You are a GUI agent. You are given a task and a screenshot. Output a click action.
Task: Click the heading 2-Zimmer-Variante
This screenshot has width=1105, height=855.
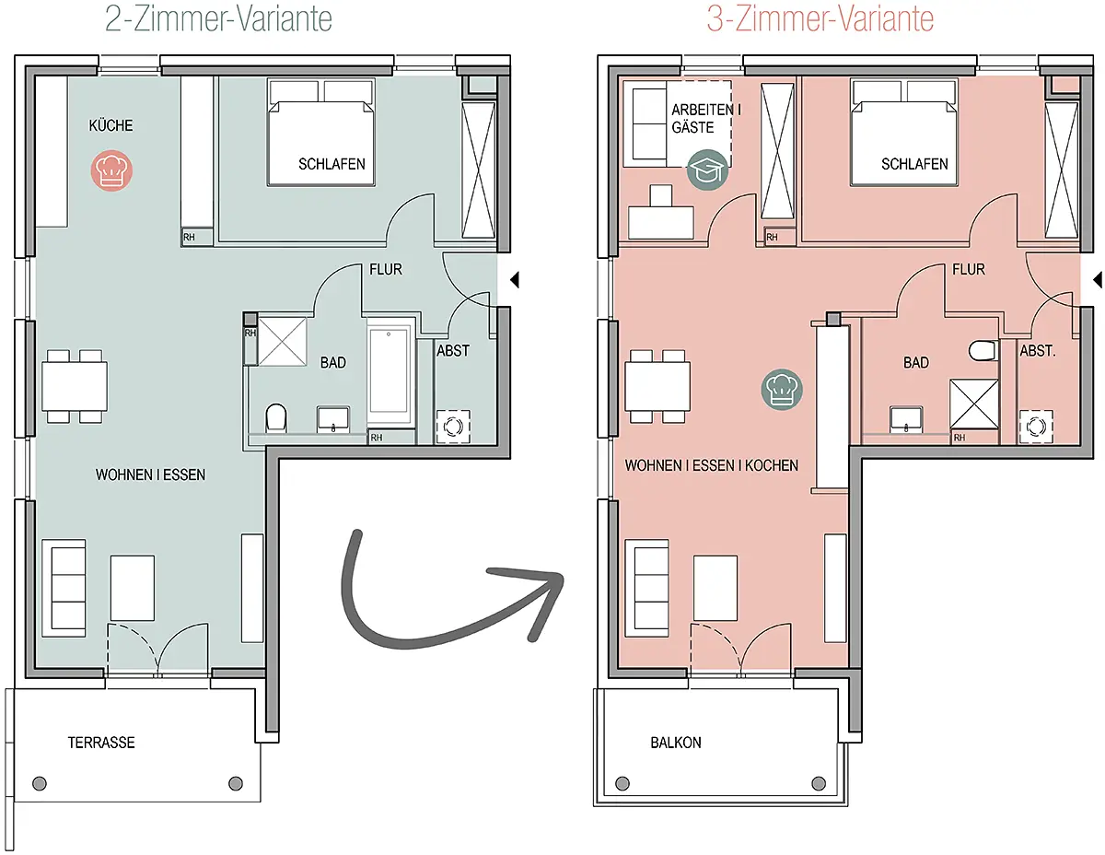[x=218, y=20]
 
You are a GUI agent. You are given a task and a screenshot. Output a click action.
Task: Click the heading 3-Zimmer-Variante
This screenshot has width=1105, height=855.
[x=820, y=20]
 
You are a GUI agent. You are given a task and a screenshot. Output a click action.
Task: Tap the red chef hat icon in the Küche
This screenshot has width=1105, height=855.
[x=112, y=171]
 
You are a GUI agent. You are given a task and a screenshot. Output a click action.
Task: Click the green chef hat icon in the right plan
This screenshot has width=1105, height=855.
[x=782, y=390]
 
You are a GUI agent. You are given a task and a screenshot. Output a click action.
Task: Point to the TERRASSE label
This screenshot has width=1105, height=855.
[x=101, y=742]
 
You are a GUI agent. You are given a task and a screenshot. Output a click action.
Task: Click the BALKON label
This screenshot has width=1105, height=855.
[x=675, y=742]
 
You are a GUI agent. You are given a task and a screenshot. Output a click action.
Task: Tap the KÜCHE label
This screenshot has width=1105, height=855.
[x=110, y=125]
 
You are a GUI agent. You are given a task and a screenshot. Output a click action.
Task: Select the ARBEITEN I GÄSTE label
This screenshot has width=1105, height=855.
[x=702, y=119]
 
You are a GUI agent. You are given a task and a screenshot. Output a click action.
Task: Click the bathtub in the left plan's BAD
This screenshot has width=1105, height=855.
[x=390, y=370]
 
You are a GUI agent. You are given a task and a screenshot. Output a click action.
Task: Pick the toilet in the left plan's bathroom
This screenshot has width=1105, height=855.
[x=275, y=419]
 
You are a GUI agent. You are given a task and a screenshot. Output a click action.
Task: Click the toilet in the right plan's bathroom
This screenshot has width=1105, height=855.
[x=983, y=350]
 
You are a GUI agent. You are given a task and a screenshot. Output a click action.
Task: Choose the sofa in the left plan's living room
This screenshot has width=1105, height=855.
[x=64, y=586]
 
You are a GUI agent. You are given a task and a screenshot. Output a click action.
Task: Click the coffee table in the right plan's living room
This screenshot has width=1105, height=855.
[x=715, y=587]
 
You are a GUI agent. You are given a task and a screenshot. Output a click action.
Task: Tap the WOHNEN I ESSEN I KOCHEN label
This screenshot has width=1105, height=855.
[x=711, y=465]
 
